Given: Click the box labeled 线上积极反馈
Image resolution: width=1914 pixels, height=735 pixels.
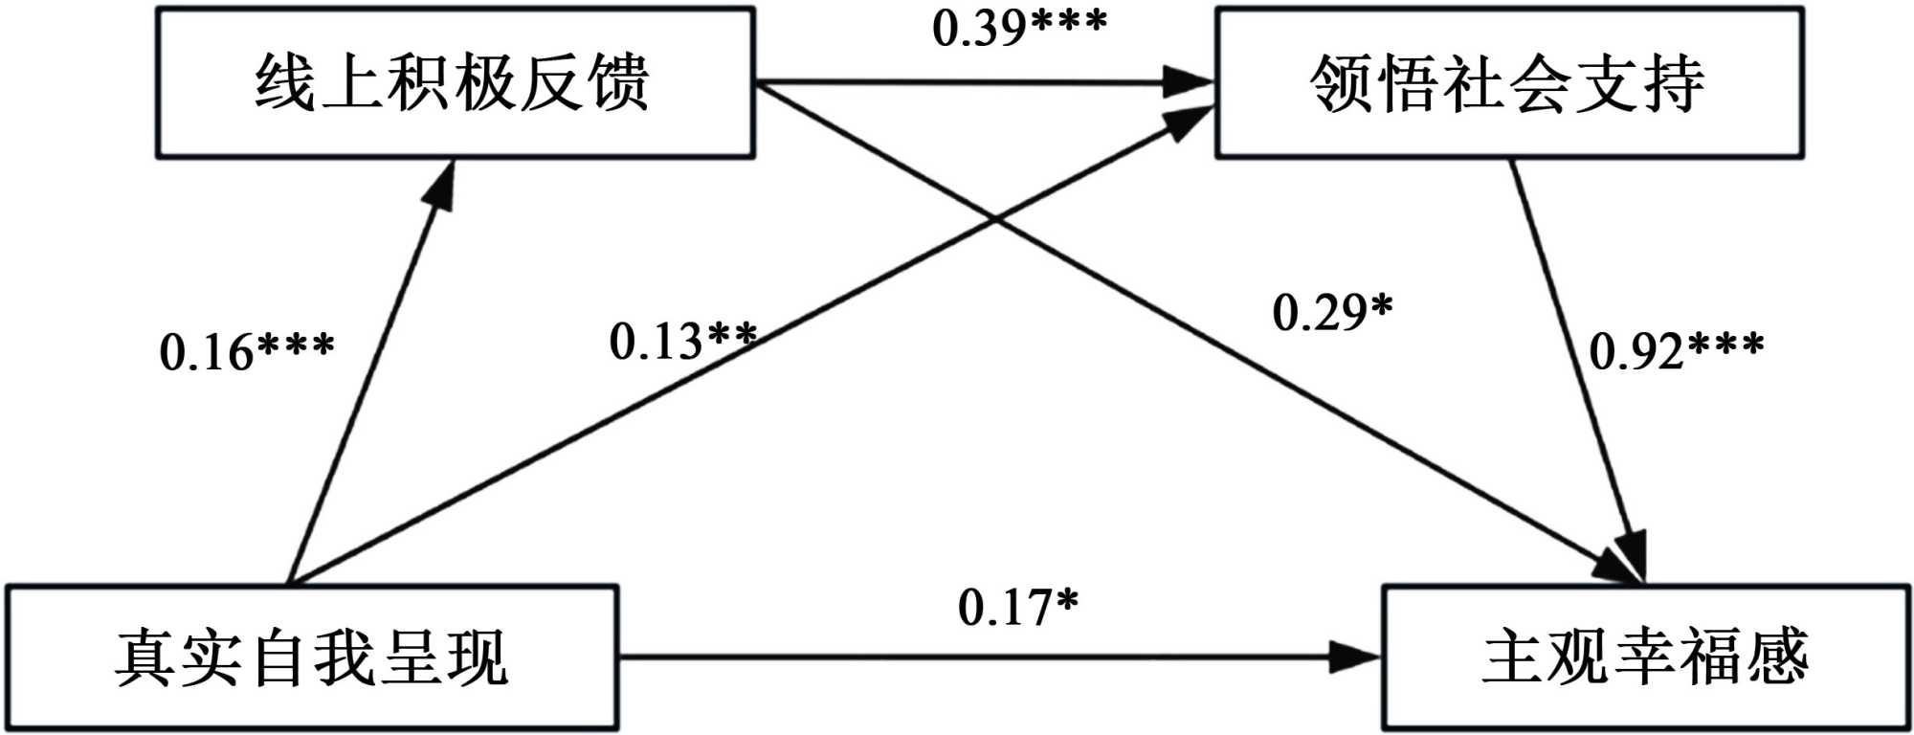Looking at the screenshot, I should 456,83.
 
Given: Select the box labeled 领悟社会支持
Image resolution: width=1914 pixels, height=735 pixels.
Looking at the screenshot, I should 1509,83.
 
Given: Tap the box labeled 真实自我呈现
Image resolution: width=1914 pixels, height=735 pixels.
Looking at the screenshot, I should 312,658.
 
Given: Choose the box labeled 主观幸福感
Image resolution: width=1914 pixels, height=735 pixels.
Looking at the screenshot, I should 1645,658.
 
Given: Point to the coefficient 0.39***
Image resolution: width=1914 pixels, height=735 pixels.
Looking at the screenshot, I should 1019,28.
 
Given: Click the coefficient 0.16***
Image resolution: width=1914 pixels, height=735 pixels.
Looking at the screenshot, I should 247,350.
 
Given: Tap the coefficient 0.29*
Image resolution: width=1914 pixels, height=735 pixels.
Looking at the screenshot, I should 1332,312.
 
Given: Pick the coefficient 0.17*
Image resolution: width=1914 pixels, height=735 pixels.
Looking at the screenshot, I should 1018,607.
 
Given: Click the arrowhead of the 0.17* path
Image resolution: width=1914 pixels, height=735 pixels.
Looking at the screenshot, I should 1359,657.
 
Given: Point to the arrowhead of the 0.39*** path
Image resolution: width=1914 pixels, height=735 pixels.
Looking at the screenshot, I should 1191,82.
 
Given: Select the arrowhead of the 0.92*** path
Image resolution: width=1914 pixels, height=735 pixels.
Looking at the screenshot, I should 1632,555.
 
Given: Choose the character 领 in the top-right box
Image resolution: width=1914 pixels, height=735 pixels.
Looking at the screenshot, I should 1341,83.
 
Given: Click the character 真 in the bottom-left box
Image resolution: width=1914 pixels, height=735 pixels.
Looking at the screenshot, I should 145,658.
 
